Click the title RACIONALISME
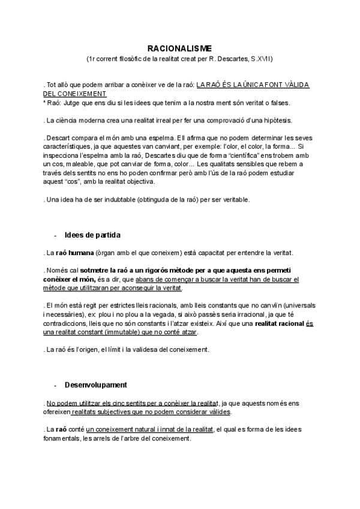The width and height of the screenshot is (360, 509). click(179, 47)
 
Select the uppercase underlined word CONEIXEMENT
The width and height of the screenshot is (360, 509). click(82, 94)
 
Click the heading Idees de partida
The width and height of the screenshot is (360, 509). click(93, 234)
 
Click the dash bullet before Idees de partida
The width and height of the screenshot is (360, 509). click(56, 234)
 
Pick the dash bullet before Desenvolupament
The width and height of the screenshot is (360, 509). click(56, 384)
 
